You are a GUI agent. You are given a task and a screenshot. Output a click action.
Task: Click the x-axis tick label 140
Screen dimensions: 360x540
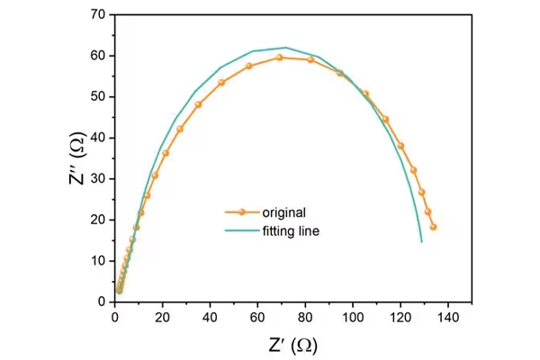click(449, 317)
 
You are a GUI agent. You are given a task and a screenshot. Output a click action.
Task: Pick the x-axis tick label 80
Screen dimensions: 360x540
click(305, 317)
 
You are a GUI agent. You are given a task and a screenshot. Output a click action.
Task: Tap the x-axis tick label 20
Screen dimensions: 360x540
click(162, 317)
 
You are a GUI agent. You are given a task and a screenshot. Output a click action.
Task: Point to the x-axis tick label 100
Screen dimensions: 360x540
click(354, 317)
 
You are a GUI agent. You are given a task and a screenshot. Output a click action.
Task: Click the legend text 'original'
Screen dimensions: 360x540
click(284, 212)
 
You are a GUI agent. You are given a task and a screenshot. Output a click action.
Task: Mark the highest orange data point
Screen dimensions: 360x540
click(280, 57)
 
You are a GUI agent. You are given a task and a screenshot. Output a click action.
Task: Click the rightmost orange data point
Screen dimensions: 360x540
click(433, 227)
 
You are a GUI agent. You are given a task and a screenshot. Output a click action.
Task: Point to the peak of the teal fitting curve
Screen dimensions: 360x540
click(285, 48)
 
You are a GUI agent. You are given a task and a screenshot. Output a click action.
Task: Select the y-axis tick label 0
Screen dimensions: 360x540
click(102, 301)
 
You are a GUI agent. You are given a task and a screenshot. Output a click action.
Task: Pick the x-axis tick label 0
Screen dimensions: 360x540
click(114, 317)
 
